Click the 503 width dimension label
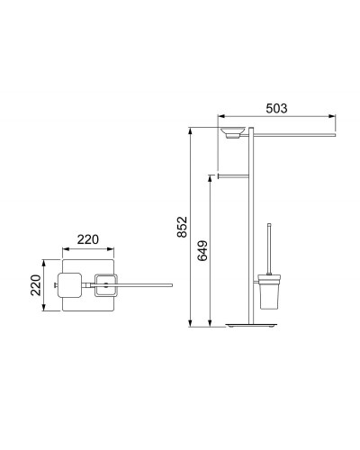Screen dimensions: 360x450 (x=276, y=108)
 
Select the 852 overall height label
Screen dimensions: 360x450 (x=182, y=227)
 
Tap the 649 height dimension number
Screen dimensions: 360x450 (x=202, y=250)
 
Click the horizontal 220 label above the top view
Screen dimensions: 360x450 (x=88, y=239)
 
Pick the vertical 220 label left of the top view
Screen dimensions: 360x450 (x=36, y=285)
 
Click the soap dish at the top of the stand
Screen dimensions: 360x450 (x=233, y=132)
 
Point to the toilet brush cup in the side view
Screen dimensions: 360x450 (x=266, y=292)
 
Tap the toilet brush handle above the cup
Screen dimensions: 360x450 (x=269, y=249)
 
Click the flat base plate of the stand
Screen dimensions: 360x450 (x=251, y=326)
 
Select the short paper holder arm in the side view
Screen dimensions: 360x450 (x=233, y=175)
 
